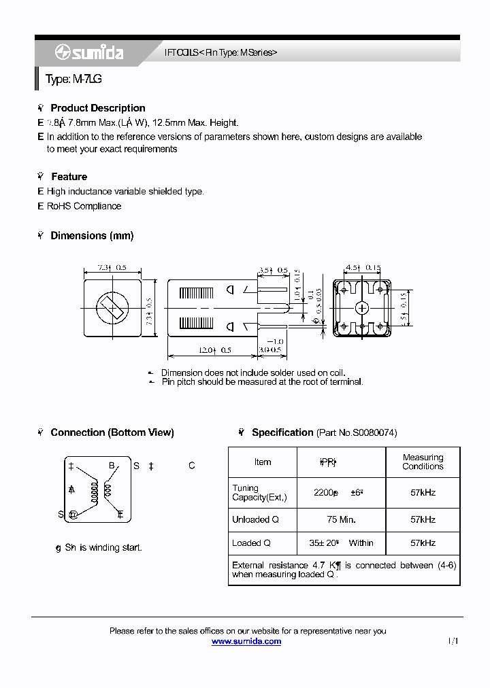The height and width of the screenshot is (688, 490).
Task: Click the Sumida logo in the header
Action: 89,52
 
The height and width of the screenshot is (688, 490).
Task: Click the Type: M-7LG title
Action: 73,80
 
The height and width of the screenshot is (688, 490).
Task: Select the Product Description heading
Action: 97,108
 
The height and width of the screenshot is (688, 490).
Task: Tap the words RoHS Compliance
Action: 84,206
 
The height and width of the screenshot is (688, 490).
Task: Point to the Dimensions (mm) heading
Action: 92,236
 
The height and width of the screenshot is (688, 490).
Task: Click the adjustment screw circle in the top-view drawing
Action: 111,309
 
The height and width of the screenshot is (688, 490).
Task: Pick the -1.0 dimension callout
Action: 275,341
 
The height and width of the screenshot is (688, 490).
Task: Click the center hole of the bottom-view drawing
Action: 361,308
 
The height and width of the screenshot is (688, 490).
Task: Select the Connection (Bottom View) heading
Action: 112,432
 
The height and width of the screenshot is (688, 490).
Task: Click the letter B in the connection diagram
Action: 112,466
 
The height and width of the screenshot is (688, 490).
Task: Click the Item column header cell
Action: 263,462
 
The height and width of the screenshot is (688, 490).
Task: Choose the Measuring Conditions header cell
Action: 423,462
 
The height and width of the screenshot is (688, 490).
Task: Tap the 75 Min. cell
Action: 341,519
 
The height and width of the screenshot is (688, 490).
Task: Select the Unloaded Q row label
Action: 252,519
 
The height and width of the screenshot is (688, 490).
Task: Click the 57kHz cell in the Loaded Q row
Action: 423,543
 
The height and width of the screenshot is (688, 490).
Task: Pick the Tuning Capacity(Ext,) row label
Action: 259,493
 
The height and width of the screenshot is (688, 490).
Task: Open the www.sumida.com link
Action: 246,642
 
